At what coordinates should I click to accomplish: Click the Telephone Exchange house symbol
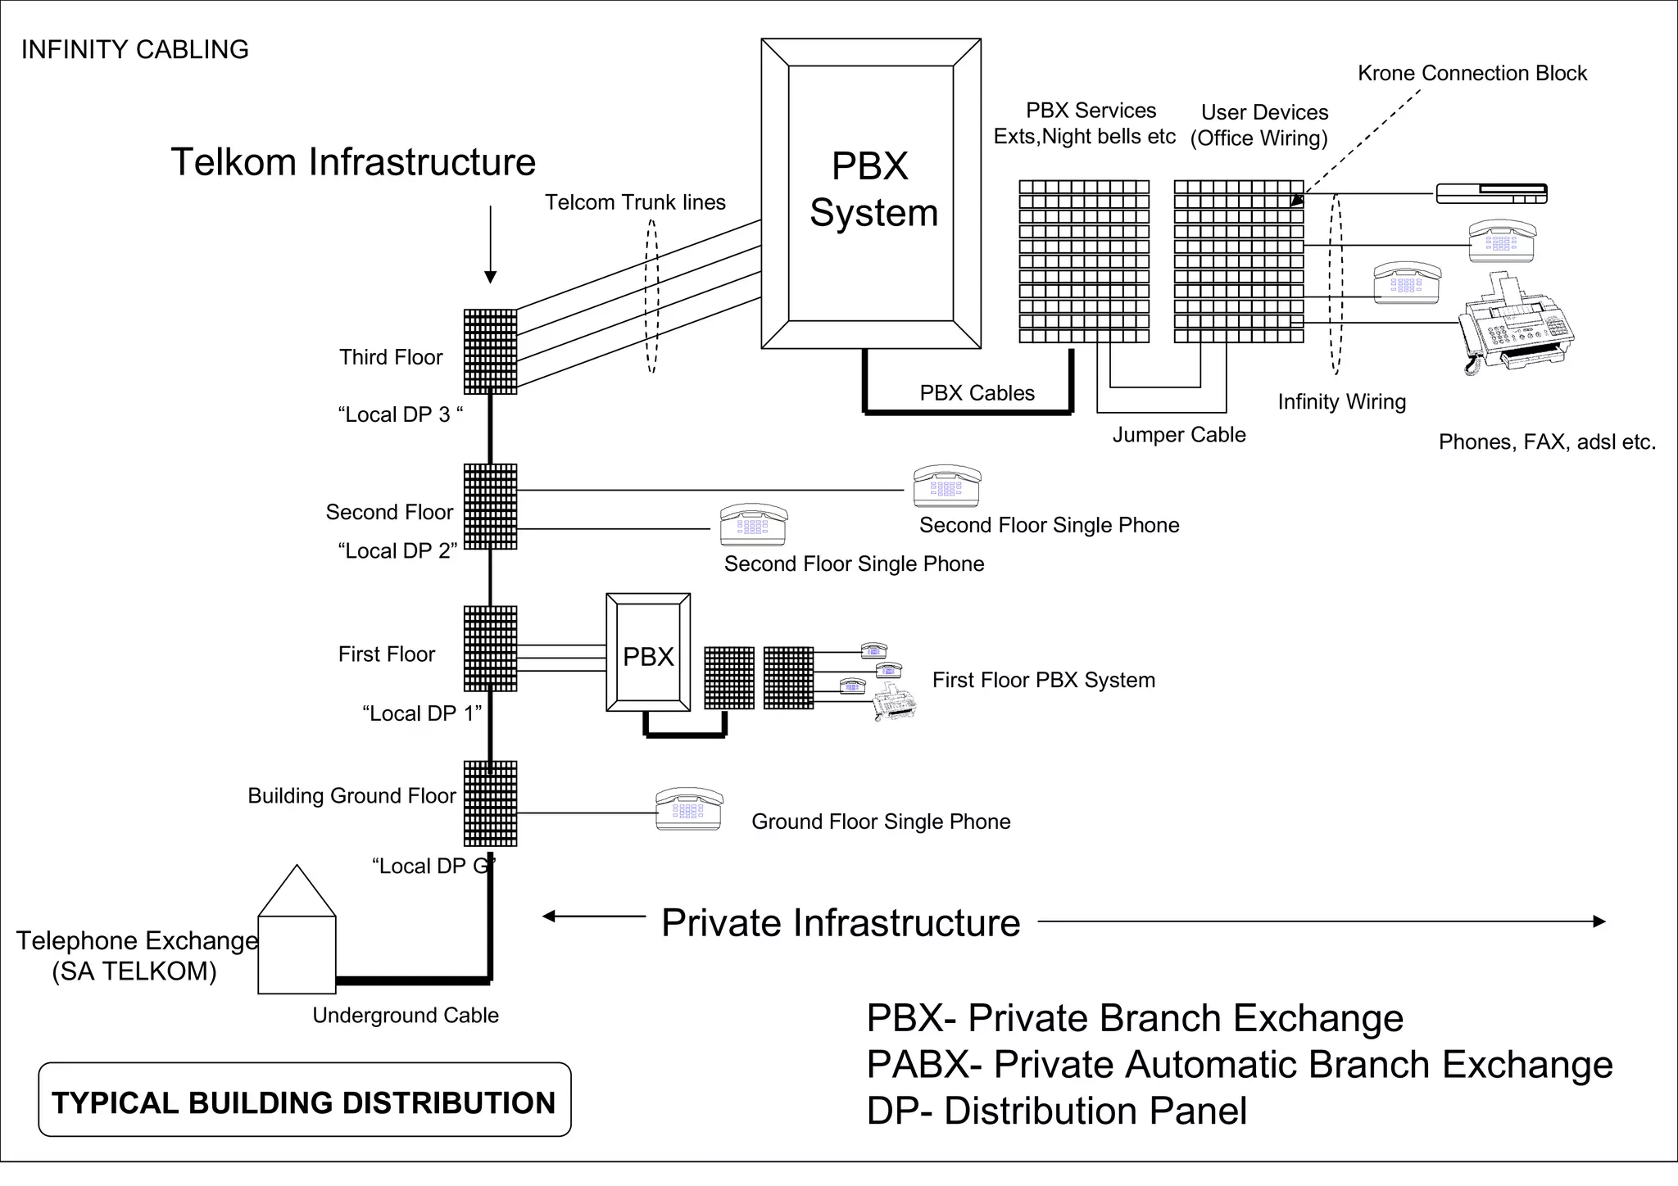pos(297,942)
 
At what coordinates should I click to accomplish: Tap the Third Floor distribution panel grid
pos(490,351)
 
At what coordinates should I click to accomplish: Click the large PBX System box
pos(871,193)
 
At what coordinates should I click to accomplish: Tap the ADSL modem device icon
pos(1491,194)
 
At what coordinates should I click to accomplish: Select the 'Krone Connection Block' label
pos(1472,74)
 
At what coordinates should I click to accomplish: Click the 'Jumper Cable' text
pos(1178,435)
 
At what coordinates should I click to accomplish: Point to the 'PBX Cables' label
pos(977,393)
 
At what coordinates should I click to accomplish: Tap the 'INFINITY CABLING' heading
pos(134,50)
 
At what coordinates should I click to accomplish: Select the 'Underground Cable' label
pos(406,1016)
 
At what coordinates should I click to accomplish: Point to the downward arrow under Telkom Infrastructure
pos(490,246)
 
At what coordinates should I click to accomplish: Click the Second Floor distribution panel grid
pos(490,506)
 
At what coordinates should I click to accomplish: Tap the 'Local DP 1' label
pos(422,713)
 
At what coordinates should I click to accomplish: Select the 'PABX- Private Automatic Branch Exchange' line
pos(1239,1065)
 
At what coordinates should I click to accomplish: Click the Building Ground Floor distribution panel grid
pos(490,803)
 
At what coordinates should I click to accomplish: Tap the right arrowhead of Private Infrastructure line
pos(1599,921)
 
